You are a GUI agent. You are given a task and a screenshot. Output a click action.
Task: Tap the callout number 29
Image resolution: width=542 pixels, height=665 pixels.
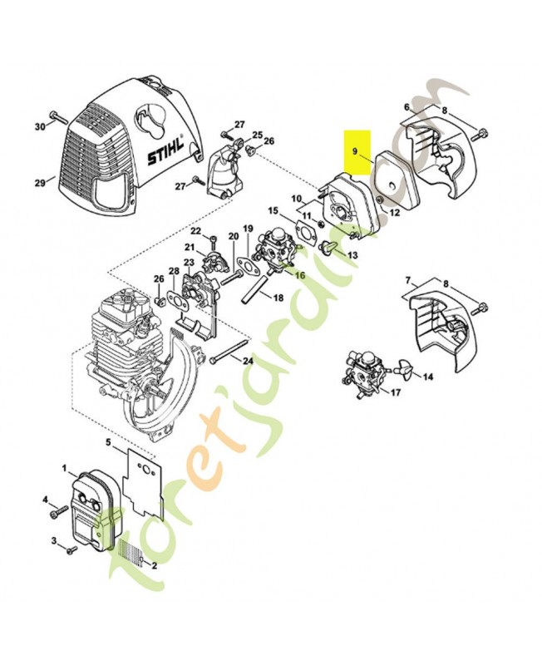[x=39, y=180]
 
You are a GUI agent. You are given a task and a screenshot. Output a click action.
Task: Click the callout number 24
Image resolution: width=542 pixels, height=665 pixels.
[x=248, y=360]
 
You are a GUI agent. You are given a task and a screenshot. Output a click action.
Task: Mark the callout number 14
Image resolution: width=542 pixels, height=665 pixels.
[x=428, y=377]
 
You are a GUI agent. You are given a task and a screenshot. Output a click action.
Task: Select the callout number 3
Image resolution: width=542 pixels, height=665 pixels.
[x=53, y=541]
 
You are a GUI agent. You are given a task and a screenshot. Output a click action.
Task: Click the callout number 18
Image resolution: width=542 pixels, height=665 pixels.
[x=278, y=297]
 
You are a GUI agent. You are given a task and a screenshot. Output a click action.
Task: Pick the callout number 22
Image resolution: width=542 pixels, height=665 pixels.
[x=196, y=230]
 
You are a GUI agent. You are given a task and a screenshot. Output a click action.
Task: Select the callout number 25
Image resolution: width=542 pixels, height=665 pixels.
[x=257, y=135]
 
